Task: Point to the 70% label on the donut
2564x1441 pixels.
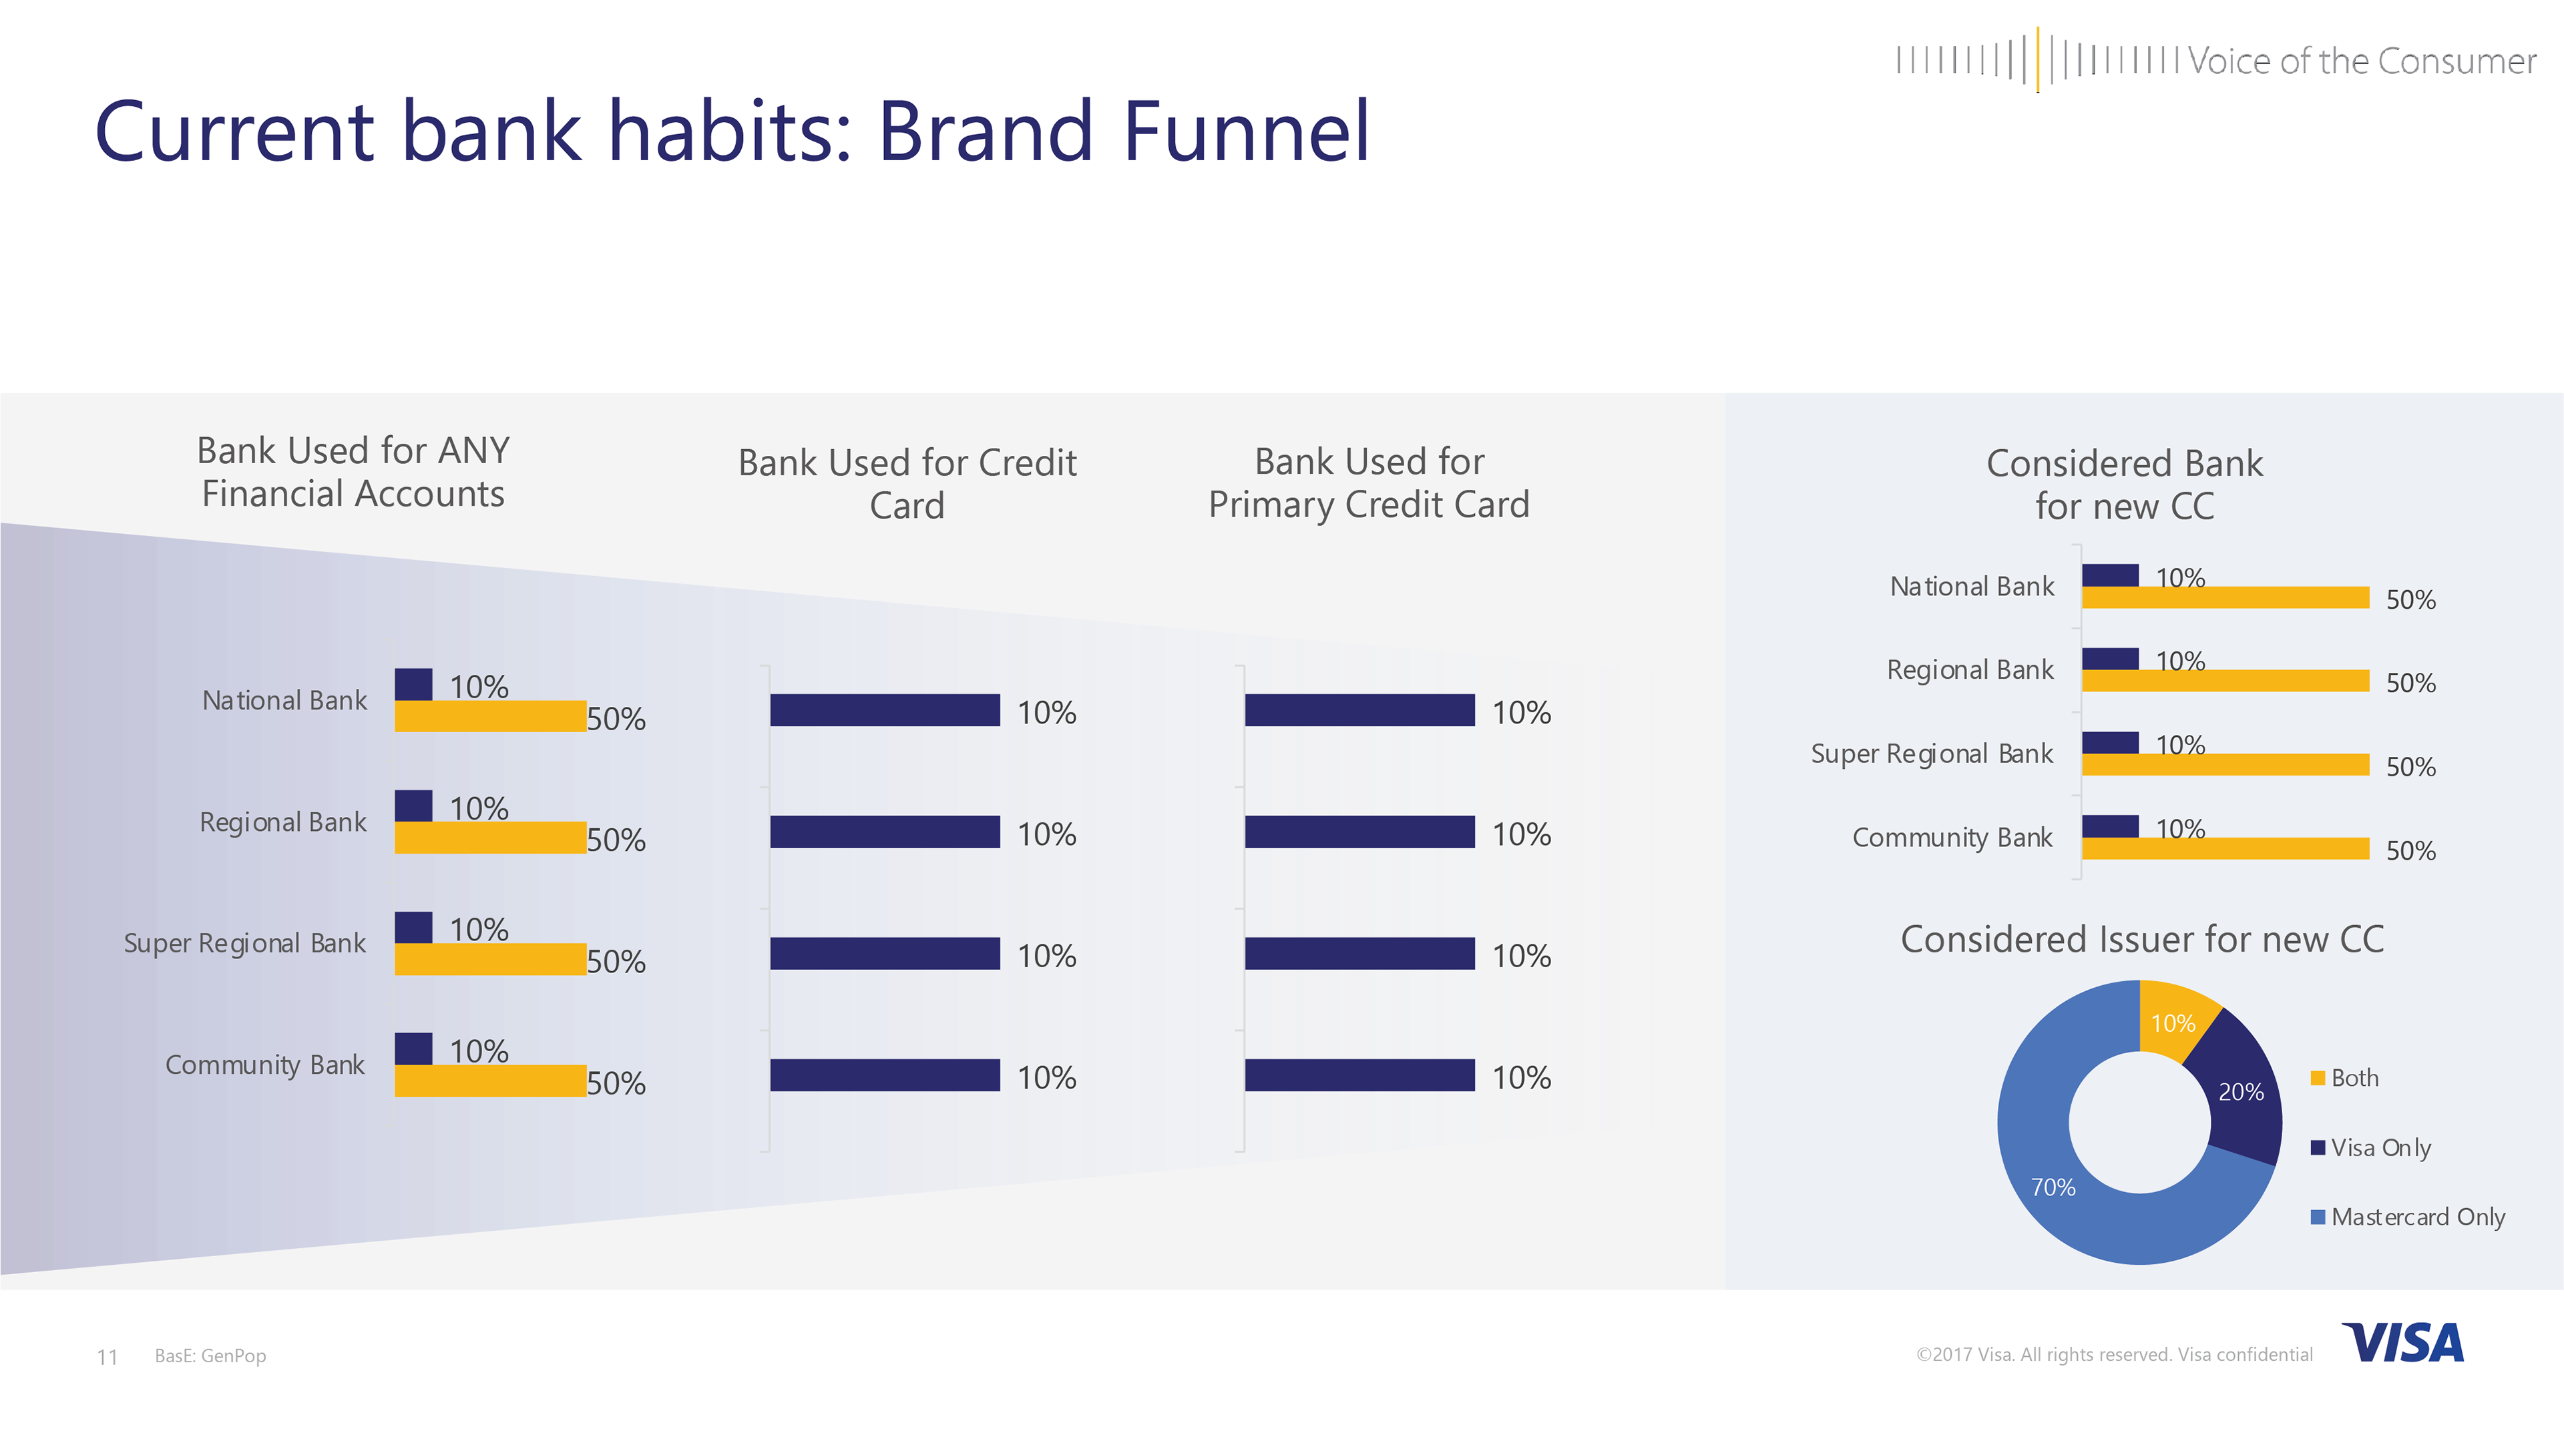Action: (x=2053, y=1187)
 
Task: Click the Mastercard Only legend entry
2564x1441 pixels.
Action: (x=2408, y=1217)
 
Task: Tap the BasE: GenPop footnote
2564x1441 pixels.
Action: (x=210, y=1356)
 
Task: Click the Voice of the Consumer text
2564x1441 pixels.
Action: (x=2361, y=61)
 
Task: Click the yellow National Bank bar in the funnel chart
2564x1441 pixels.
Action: (x=491, y=717)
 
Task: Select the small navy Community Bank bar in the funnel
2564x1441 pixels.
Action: (x=414, y=1049)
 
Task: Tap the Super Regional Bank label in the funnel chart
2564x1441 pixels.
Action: (x=245, y=943)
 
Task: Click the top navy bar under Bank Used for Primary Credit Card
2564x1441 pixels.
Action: (x=1359, y=711)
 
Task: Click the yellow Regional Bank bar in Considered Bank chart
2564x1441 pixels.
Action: (x=2225, y=681)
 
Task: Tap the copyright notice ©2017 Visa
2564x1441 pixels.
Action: (x=2114, y=1354)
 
